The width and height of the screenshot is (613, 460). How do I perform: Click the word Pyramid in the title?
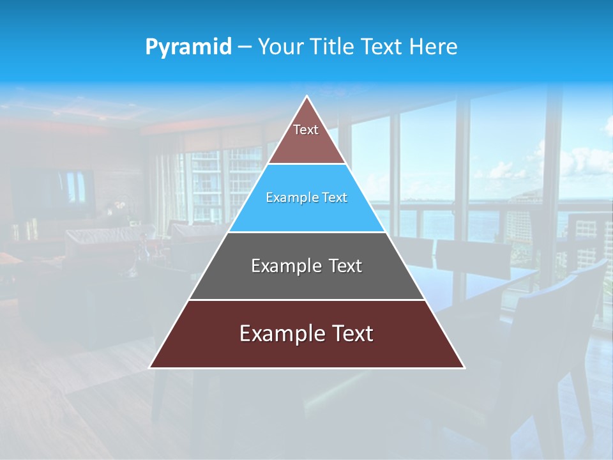point(188,47)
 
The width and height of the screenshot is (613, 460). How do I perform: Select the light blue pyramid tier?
point(306,198)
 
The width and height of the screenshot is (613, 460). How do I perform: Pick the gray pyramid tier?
point(306,266)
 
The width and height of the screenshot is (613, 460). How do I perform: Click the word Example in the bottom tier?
point(282,333)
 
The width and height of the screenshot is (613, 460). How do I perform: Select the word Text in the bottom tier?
point(352,333)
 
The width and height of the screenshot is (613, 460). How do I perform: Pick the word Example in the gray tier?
point(284,266)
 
